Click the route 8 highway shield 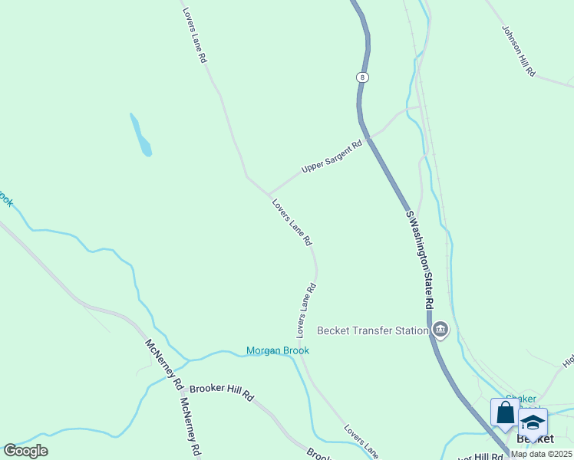361,77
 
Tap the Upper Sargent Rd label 332,156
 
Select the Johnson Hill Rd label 519,50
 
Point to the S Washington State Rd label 420,260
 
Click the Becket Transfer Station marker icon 440,331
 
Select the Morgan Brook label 278,350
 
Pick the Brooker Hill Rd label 221,391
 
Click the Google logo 25,451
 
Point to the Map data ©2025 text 542,454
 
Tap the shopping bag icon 505,413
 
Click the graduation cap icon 533,422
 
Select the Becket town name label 535,439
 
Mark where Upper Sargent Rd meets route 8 369,139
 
